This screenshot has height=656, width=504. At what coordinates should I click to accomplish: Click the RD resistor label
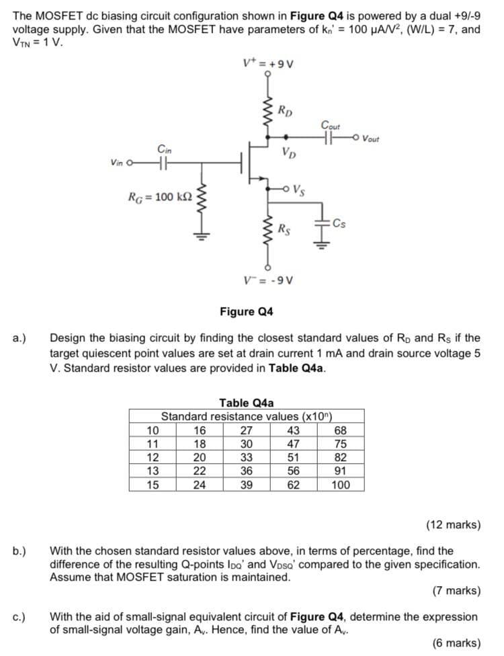(285, 110)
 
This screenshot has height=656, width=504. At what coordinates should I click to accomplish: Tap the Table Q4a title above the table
(247, 403)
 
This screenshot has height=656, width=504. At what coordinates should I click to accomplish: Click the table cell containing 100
(341, 483)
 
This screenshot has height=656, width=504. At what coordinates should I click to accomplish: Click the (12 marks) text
(454, 525)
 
